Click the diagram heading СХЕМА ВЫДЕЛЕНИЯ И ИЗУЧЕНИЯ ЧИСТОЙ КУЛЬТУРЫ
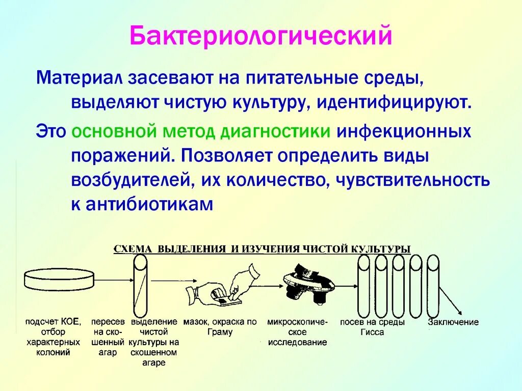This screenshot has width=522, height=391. click(x=262, y=249)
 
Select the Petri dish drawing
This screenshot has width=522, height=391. click(x=60, y=279)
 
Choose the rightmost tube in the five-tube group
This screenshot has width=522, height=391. click(x=433, y=286)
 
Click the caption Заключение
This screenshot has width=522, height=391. click(x=453, y=322)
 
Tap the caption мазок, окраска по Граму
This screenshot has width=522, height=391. click(x=220, y=327)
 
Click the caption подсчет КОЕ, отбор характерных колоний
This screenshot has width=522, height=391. click(x=53, y=337)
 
